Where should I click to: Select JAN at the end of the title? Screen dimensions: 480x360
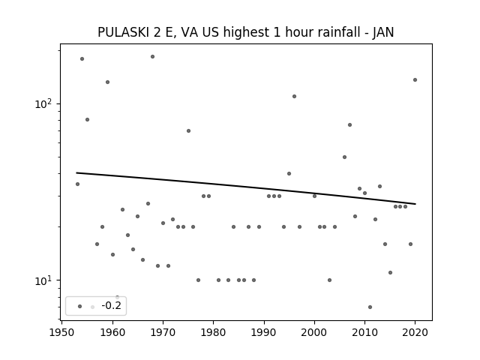click(x=383, y=32)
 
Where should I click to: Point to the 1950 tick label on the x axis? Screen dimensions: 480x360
click(x=61, y=332)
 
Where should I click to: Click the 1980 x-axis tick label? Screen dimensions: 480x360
click(x=213, y=332)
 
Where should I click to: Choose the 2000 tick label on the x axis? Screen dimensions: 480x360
click(x=314, y=332)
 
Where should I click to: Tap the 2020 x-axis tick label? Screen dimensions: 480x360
click(x=415, y=332)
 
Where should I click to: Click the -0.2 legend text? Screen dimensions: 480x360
click(x=112, y=305)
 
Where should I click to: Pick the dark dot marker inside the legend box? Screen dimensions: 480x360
click(x=80, y=307)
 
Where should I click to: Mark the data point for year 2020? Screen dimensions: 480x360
click(x=415, y=80)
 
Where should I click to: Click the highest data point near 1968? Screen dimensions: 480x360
click(x=152, y=57)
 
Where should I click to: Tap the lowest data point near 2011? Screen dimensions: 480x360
click(x=370, y=307)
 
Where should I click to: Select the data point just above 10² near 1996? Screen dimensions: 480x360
click(x=294, y=97)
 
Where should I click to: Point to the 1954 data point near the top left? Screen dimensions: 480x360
click(x=82, y=58)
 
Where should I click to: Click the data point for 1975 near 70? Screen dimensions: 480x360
click(x=188, y=130)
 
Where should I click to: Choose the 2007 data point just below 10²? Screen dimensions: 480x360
click(x=350, y=125)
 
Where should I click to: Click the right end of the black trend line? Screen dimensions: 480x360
click(x=415, y=204)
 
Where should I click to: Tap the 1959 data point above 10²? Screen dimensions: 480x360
click(x=107, y=82)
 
